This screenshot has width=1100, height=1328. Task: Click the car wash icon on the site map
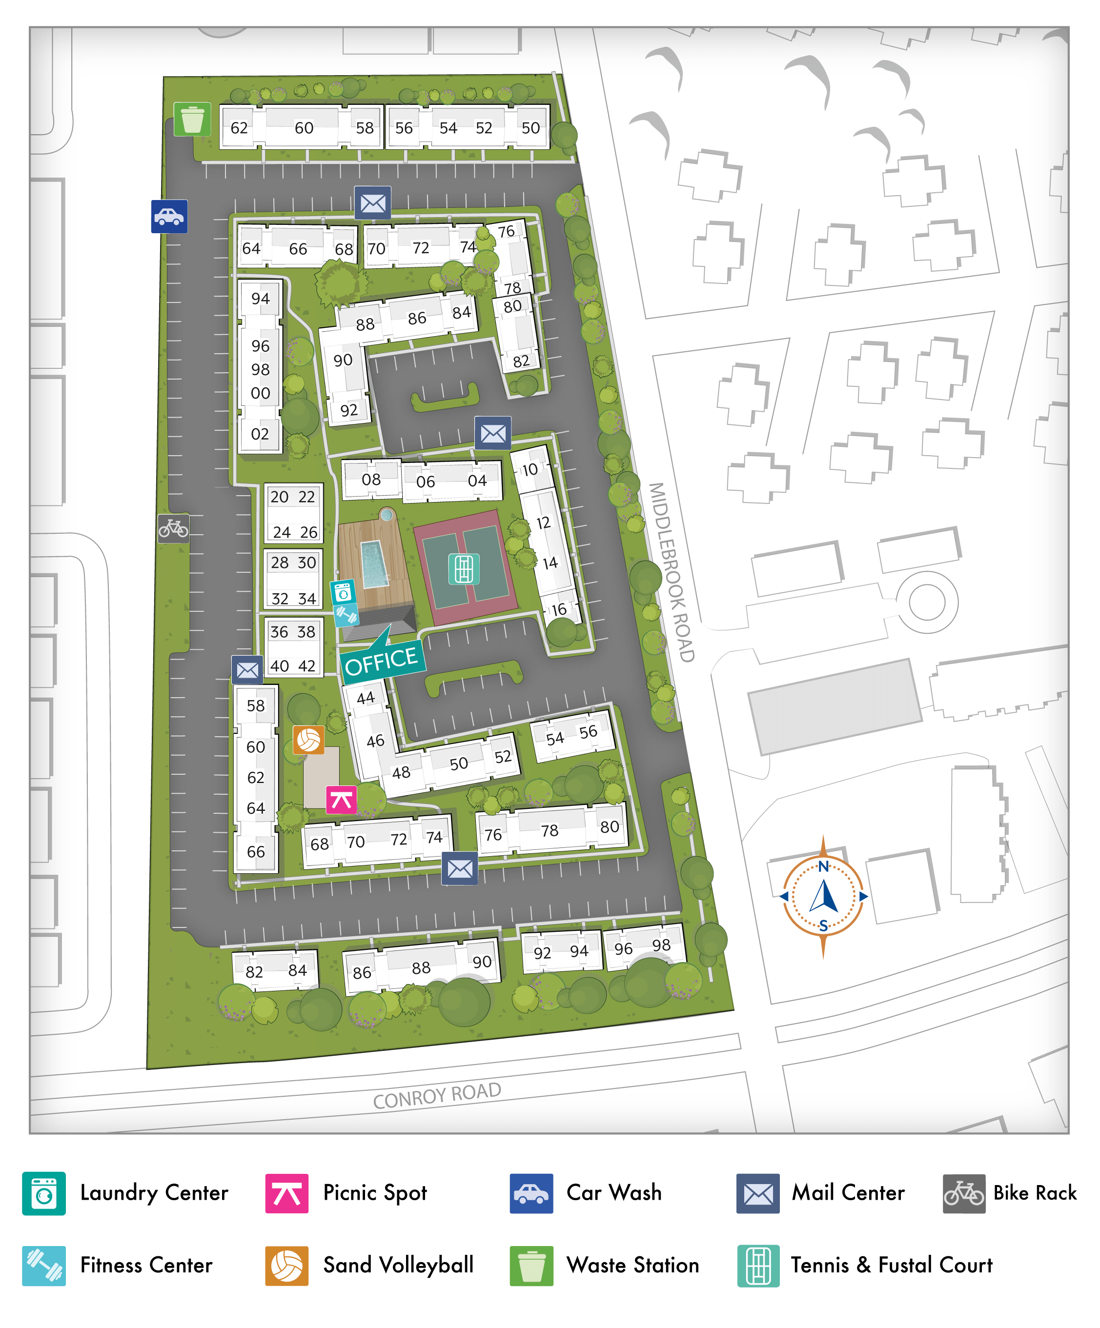click(x=169, y=216)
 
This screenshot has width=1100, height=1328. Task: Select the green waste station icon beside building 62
click(x=192, y=119)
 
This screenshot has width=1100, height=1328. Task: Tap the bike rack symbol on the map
click(x=173, y=527)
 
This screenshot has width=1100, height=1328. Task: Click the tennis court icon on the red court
click(x=463, y=568)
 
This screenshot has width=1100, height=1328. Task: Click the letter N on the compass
click(x=823, y=866)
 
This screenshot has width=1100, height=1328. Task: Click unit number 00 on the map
click(x=260, y=393)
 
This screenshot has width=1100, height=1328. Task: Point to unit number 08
click(x=371, y=480)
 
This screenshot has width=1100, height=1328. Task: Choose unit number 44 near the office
click(x=366, y=698)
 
